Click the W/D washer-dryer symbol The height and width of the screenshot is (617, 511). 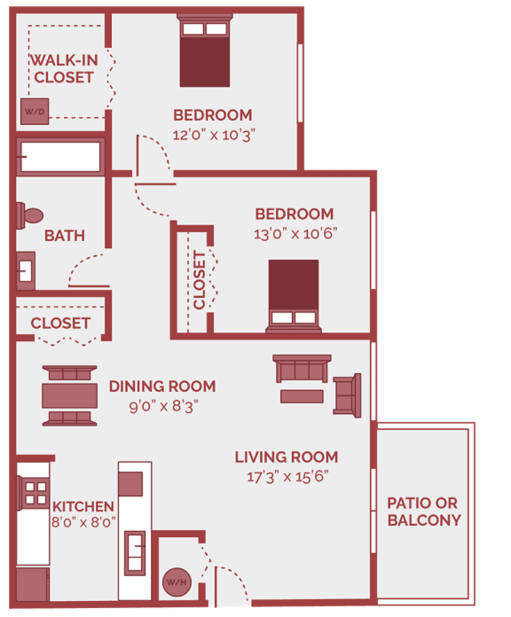[35, 113]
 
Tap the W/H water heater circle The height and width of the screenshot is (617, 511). [174, 582]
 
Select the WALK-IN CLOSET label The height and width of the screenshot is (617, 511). [63, 68]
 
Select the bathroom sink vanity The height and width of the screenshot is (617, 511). [26, 269]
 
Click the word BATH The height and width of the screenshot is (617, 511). [65, 236]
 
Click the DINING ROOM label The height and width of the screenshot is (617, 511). [162, 387]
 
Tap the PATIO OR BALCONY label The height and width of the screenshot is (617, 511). [424, 512]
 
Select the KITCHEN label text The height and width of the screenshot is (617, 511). [83, 506]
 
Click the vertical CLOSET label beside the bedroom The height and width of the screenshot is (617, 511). [199, 279]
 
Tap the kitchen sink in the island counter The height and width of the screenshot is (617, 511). [135, 551]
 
